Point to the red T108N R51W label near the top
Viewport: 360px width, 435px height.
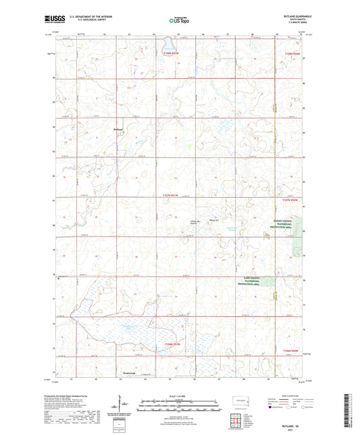[x=172, y=52]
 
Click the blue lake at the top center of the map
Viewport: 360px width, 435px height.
[x=166, y=45]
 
